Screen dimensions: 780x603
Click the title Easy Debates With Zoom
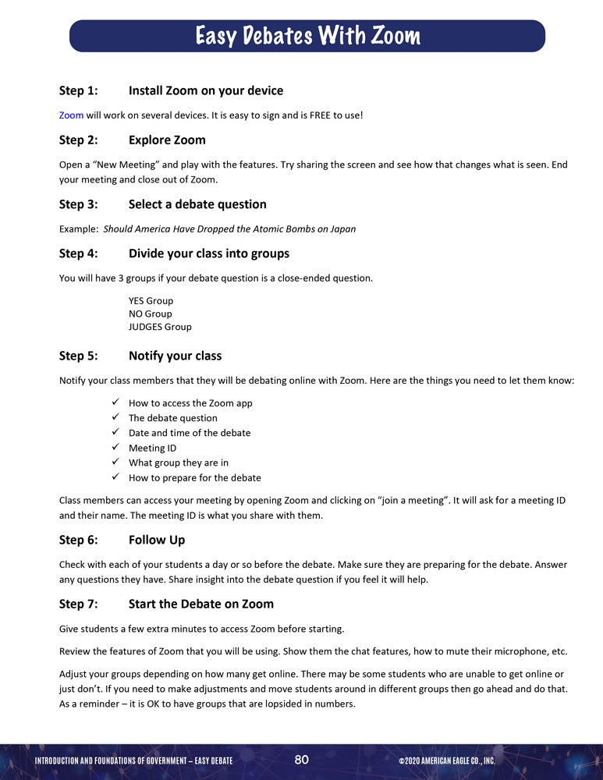pos(307,36)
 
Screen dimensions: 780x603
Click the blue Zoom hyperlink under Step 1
pos(71,115)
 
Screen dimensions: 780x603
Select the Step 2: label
pos(78,140)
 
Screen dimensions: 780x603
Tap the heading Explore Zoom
pos(167,140)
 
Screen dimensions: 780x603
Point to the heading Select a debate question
pos(197,204)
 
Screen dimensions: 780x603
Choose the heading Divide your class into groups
pos(208,253)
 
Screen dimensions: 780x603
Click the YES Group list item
pos(151,300)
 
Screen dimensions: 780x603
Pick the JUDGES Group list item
pos(160,327)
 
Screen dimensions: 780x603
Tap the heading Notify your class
pos(175,356)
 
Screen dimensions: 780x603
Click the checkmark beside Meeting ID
pos(114,448)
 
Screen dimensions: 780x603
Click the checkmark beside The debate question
pos(114,418)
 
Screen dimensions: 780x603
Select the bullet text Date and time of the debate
pos(190,433)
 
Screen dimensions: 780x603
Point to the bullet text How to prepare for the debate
pos(194,477)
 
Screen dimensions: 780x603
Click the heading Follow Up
pos(157,540)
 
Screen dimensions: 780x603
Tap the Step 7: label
pos(78,604)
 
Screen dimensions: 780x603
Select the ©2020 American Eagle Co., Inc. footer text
pos(446,760)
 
